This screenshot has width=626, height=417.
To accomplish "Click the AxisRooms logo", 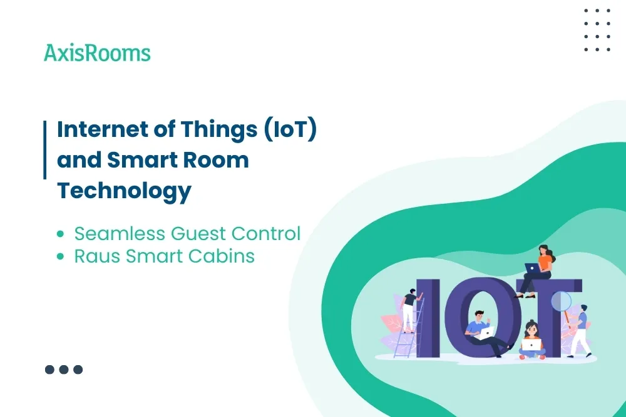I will (97, 53).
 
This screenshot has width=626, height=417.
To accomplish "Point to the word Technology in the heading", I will (124, 190).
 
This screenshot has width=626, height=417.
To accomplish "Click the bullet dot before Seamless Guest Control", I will (60, 234).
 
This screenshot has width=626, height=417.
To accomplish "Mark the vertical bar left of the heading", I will (45, 150).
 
